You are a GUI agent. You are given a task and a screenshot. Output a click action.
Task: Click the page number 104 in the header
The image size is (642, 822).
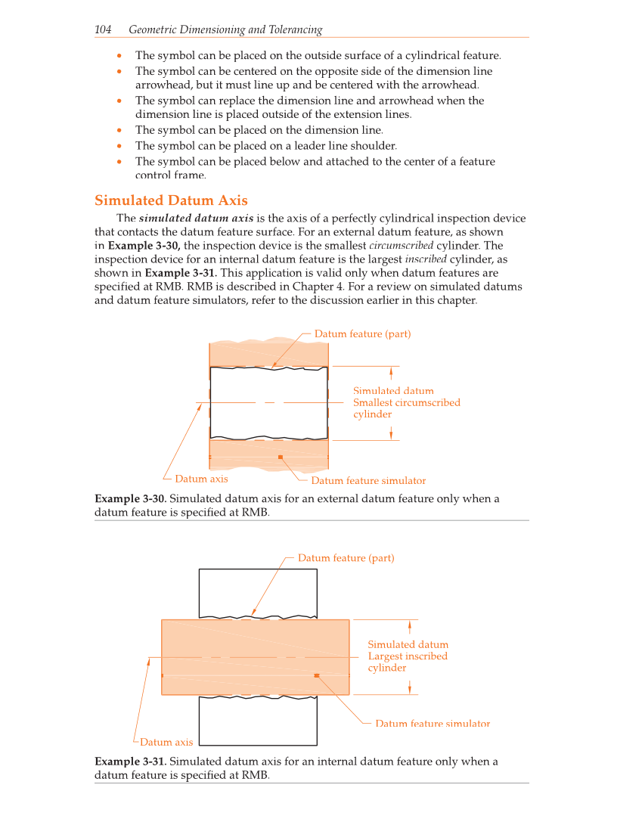103,29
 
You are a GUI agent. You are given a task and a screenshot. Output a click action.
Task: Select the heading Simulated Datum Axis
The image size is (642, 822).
171,200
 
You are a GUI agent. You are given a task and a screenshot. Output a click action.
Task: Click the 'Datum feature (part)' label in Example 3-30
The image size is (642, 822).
362,333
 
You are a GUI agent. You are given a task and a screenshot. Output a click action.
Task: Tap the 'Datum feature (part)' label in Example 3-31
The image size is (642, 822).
346,558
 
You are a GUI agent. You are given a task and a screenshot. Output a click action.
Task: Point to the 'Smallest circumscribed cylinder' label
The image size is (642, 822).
406,402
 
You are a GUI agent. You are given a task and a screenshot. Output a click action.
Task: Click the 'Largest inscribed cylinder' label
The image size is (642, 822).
408,656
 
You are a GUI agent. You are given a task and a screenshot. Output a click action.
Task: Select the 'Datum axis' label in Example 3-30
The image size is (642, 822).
201,479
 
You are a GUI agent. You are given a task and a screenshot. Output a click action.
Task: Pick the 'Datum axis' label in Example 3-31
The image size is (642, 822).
166,742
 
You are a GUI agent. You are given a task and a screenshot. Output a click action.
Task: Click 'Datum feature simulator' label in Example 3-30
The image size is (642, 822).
368,481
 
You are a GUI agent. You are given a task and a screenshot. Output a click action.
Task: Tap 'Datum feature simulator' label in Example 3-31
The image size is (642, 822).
433,724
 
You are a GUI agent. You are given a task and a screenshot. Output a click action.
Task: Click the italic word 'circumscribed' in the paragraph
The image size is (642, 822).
401,246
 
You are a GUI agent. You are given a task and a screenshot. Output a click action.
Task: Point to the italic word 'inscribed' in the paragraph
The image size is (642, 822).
426,259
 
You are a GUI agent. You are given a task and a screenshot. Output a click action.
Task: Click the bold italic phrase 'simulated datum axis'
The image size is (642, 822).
196,219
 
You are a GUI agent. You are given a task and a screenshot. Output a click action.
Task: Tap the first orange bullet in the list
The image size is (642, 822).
119,56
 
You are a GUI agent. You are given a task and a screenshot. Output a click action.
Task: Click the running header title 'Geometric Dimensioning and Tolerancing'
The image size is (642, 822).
225,29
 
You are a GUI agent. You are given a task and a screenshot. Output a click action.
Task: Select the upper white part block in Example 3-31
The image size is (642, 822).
258,591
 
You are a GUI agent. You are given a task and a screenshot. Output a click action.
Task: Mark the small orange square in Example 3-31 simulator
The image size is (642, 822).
316,675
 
